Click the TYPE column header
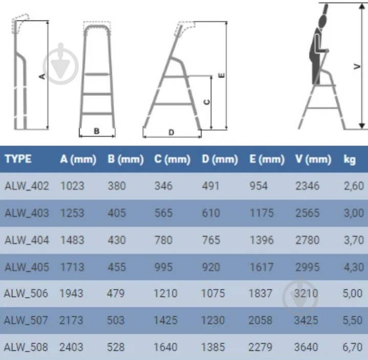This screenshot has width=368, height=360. (18, 159)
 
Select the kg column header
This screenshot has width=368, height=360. (350, 160)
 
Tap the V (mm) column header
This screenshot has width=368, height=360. (313, 159)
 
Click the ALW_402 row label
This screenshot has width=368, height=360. (27, 186)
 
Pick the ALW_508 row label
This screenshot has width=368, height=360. (26, 347)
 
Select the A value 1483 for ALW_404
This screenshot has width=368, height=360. (72, 240)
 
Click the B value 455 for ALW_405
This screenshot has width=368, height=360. (117, 267)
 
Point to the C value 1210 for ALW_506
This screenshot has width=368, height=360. (165, 293)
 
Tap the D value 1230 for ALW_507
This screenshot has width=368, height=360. (213, 321)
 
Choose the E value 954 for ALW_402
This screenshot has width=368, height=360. (258, 186)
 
